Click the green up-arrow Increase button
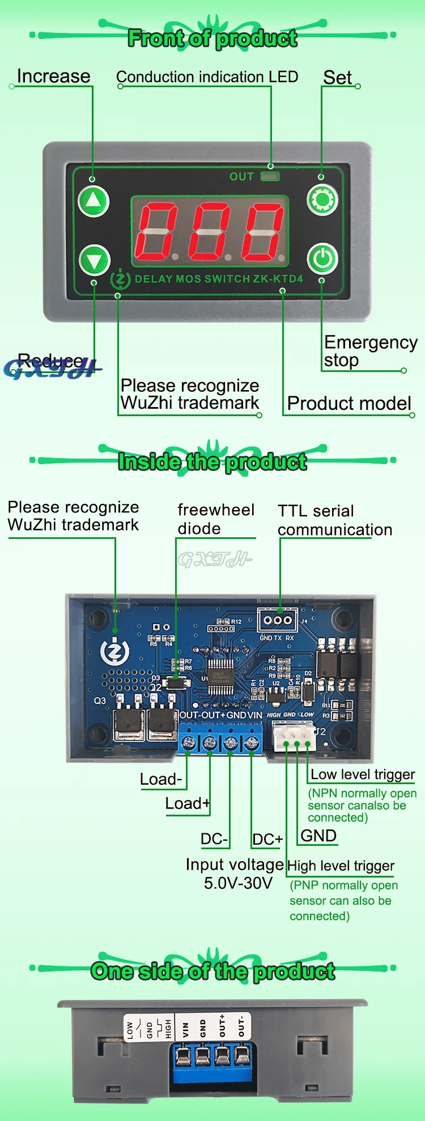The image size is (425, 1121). (93, 201)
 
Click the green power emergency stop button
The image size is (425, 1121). (322, 259)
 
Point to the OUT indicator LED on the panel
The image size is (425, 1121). (270, 177)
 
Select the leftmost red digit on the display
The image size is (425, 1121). (156, 232)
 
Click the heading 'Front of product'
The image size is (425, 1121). (212, 38)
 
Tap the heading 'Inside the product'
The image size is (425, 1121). (212, 462)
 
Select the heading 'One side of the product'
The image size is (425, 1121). (212, 972)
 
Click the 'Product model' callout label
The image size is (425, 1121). (349, 403)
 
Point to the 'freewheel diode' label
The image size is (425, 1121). (215, 519)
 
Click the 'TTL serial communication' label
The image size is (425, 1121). (334, 520)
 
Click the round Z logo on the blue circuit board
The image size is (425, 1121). (114, 653)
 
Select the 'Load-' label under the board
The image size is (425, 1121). (161, 780)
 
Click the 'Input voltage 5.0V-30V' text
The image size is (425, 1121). (235, 874)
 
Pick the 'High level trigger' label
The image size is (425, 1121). (341, 866)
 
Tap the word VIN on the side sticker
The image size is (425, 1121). (185, 1028)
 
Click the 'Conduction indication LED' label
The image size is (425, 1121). (207, 77)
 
